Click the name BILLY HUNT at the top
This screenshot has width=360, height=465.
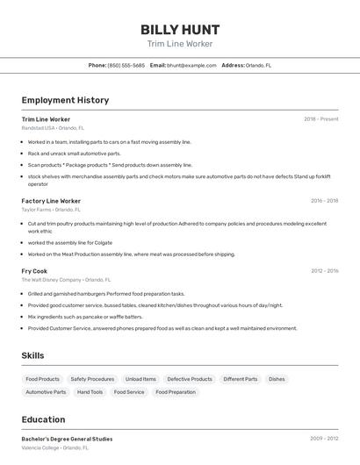(x=180, y=29)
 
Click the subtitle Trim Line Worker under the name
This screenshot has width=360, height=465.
(x=180, y=44)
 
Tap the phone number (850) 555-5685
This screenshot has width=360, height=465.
(x=126, y=65)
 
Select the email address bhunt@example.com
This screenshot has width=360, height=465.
(x=191, y=65)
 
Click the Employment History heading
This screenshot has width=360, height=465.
(x=65, y=100)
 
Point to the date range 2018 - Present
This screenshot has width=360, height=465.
(x=321, y=119)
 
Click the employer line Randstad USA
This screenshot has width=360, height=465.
(x=53, y=128)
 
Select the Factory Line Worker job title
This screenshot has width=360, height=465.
(x=51, y=201)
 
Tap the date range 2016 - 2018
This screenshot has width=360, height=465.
(x=324, y=201)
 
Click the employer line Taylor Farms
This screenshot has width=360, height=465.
(x=51, y=210)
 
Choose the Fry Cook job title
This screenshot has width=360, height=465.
(x=34, y=271)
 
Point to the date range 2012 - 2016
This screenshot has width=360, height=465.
(x=324, y=271)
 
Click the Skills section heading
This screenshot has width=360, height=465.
(x=33, y=355)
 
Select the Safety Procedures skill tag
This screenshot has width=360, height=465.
(x=92, y=379)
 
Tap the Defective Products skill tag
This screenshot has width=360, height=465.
(x=190, y=379)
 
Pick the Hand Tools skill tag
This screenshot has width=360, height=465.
(x=90, y=392)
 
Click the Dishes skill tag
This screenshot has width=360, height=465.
(x=277, y=379)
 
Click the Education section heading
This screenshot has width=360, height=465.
(x=43, y=419)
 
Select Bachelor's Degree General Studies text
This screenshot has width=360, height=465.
(x=67, y=439)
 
